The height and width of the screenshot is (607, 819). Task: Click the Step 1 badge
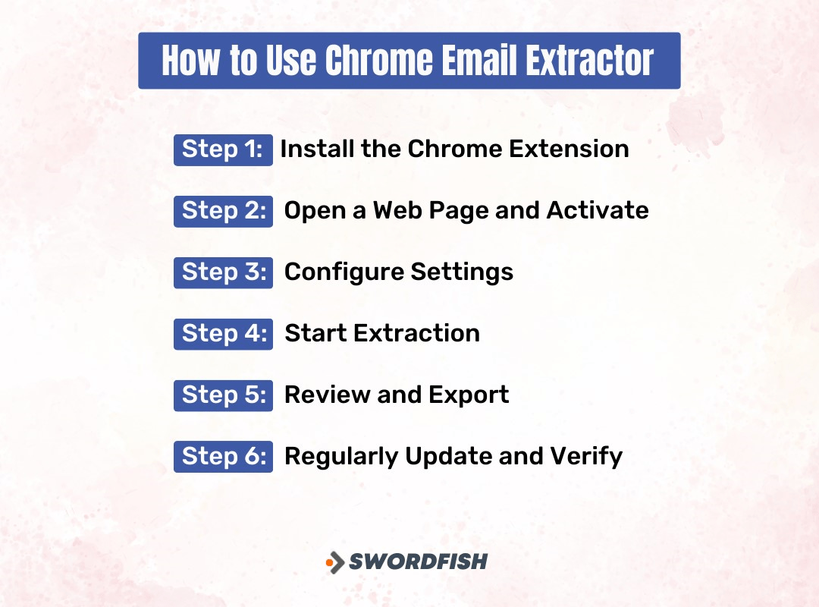(223, 149)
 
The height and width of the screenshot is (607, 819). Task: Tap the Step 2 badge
(223, 211)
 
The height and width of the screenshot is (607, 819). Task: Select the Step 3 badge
(223, 272)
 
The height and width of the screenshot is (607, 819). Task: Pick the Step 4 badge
(223, 334)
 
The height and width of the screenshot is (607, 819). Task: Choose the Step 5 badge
(223, 395)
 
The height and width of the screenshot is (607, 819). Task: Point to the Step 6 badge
(223, 457)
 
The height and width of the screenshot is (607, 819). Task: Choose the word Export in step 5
(469, 395)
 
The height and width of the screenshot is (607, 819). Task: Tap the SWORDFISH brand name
(418, 562)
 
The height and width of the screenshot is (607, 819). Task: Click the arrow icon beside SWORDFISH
(334, 562)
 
